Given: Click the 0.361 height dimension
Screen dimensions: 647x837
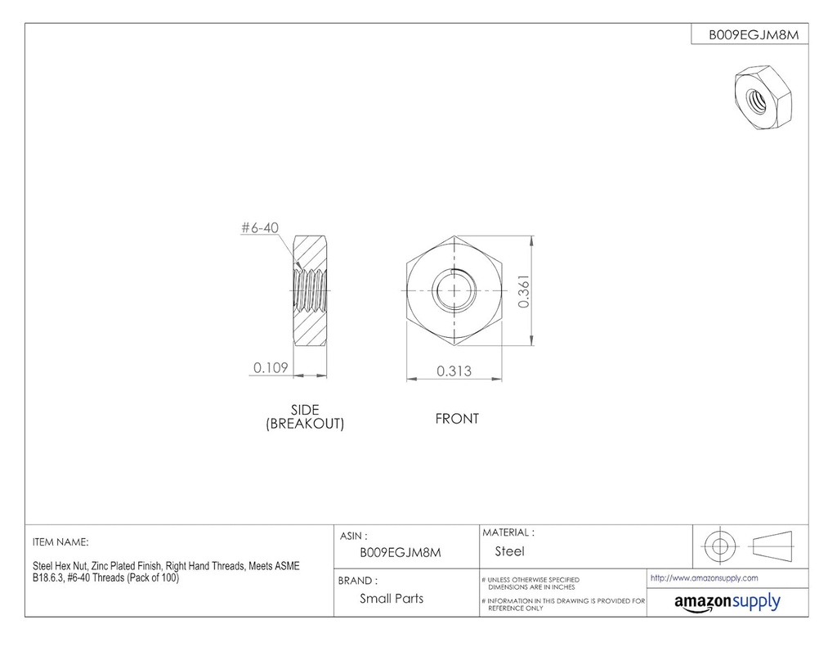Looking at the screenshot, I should tap(526, 290).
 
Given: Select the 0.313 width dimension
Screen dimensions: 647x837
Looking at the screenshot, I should tap(454, 371).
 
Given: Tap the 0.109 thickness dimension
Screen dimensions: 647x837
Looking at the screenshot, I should tap(270, 368).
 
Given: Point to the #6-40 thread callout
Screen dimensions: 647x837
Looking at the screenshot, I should tap(261, 229).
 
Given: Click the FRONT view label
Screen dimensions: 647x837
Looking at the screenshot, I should tap(457, 419).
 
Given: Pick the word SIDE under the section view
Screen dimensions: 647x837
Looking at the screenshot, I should tap(305, 410).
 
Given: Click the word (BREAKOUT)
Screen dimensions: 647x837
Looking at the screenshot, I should tap(305, 424).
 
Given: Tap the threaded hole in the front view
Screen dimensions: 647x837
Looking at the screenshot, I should tap(453, 290).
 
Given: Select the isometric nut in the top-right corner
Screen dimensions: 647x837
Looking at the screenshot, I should tap(760, 96).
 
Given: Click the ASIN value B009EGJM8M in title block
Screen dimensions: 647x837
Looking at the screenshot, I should tap(401, 552).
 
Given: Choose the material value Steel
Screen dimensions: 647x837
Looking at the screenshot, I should tap(509, 551).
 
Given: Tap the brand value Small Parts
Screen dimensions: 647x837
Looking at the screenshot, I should tap(392, 598).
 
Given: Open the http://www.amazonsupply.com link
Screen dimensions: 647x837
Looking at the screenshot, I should tap(704, 577).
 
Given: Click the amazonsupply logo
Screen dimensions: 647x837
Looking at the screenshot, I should tap(727, 602).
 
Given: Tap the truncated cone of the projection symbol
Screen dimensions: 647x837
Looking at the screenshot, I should tap(771, 545).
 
